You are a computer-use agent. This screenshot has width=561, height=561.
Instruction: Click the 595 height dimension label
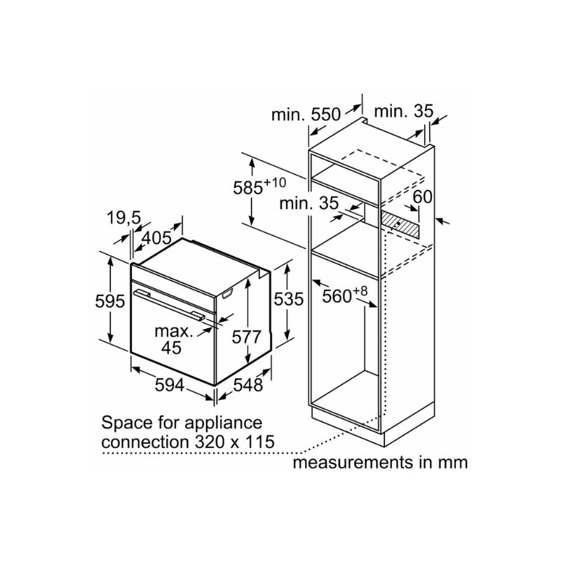click(x=110, y=301)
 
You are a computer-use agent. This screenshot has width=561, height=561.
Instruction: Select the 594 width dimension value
click(x=170, y=384)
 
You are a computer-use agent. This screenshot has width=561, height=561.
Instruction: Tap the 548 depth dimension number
click(x=248, y=384)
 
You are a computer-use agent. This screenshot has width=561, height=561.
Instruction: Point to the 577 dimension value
click(x=247, y=337)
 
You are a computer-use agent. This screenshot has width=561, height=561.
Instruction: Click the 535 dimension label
click(x=288, y=299)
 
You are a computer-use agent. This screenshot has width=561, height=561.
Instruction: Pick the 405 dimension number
click(x=156, y=238)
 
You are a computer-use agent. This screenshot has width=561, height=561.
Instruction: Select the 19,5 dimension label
click(x=124, y=217)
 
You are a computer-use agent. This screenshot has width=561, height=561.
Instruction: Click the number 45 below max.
click(x=171, y=347)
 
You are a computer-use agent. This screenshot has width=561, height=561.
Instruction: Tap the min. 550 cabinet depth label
click(x=306, y=114)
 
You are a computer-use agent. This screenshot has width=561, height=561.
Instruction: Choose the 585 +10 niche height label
click(x=259, y=187)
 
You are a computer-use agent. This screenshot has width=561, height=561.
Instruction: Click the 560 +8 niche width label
click(x=344, y=295)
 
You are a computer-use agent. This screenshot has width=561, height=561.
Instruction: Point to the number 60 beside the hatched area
click(x=423, y=196)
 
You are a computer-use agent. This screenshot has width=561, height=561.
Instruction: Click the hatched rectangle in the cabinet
click(x=400, y=224)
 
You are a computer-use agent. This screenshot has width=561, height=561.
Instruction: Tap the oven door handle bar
click(x=169, y=305)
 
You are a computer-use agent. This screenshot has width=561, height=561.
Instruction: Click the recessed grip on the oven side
click(x=227, y=294)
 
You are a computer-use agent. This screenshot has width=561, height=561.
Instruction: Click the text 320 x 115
click(x=235, y=442)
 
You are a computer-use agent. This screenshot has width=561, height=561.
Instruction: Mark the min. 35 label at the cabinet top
click(x=404, y=111)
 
